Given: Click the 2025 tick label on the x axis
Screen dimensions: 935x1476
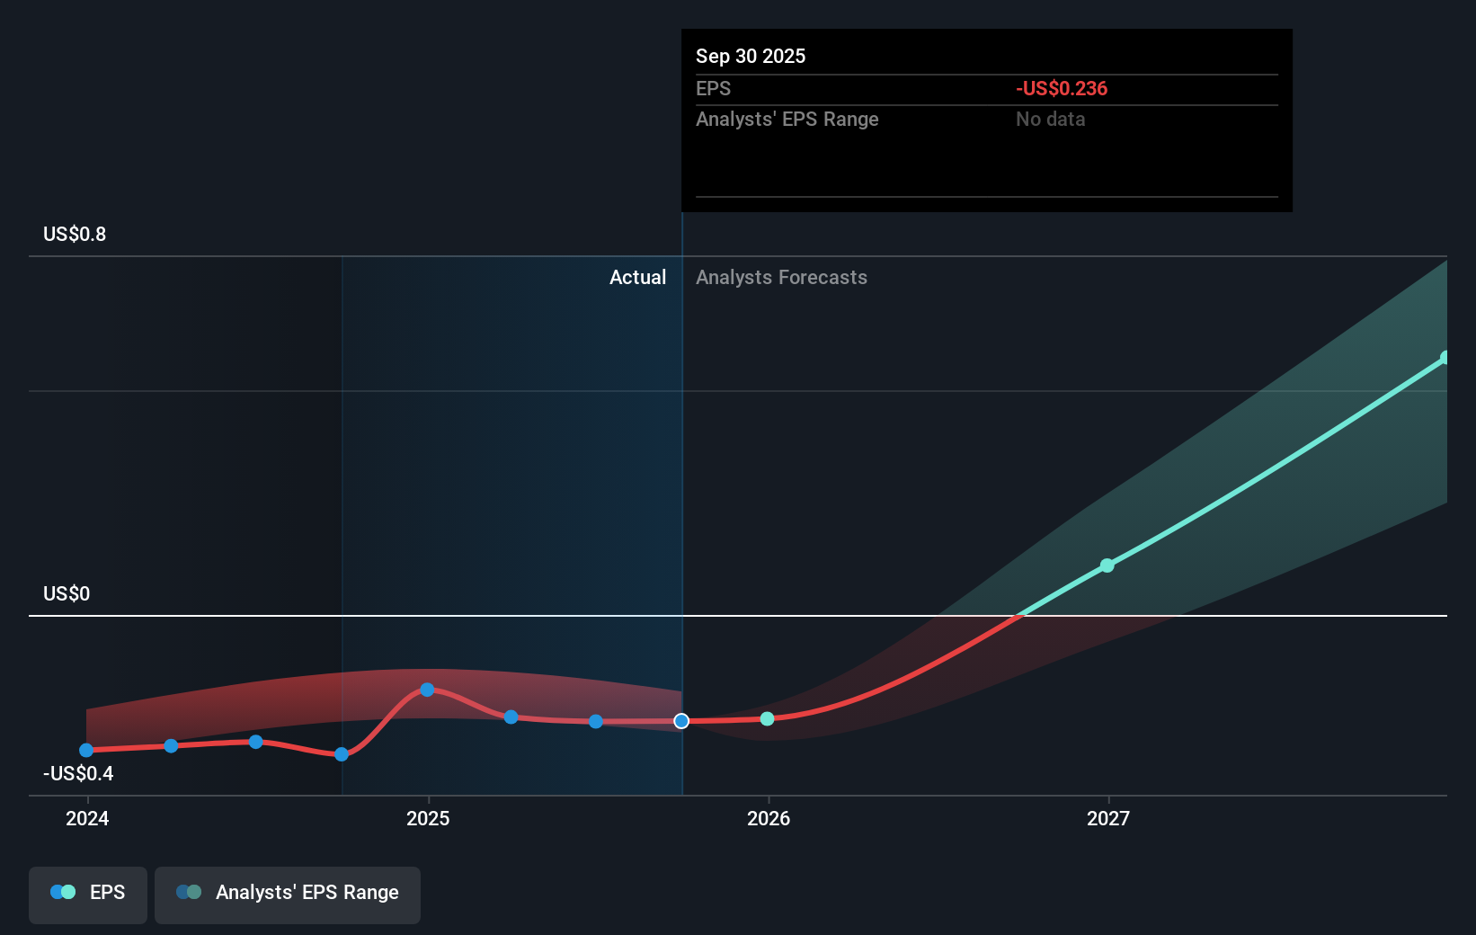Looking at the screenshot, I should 428,818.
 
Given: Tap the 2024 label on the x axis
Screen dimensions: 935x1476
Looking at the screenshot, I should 87,818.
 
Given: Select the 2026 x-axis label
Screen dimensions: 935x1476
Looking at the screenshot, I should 769,818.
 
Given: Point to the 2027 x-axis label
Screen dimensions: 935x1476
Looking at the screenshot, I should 1108,818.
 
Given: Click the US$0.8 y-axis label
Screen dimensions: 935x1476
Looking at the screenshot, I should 75,235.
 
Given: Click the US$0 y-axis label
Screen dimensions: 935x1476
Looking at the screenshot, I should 67,594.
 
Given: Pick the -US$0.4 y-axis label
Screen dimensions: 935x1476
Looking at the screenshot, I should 78,774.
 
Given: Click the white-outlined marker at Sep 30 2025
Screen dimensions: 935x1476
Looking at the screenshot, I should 681,721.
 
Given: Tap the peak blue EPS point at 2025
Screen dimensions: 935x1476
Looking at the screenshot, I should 427,690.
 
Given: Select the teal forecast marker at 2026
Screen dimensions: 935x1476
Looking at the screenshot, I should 767,718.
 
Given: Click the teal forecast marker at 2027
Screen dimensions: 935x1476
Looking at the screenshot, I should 1107,565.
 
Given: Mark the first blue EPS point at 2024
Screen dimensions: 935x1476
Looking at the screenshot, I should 86,750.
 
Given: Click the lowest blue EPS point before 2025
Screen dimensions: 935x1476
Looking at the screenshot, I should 342,754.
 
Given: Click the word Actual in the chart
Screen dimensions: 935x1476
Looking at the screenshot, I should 637,278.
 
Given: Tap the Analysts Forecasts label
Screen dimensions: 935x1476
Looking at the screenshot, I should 781,278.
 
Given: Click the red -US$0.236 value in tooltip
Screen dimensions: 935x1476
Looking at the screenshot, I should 1062,89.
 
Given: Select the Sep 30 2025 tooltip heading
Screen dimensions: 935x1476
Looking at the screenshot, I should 751,57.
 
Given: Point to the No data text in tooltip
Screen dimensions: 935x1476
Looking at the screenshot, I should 1050,120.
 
